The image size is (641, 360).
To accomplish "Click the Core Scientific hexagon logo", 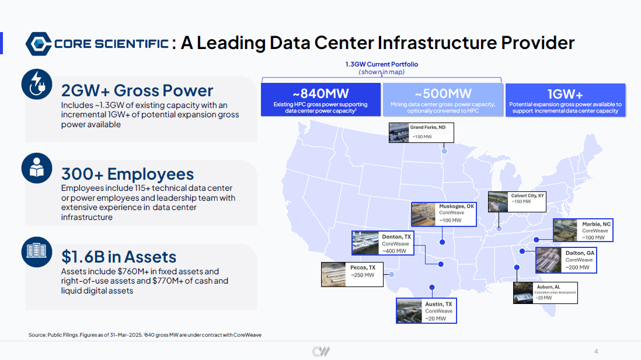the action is [x=39, y=44].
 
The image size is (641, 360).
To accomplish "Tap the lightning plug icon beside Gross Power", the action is [x=37, y=84].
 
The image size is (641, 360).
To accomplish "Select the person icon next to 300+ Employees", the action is [x=37, y=168].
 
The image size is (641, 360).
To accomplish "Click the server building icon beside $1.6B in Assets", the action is [x=37, y=251].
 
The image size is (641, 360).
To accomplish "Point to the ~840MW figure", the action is [x=321, y=93].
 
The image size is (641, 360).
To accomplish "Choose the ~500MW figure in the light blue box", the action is [x=443, y=93].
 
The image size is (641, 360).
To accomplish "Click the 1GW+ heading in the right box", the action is [x=565, y=95].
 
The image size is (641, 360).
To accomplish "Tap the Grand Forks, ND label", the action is [x=427, y=128].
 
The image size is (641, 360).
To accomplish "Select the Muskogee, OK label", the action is [x=457, y=207].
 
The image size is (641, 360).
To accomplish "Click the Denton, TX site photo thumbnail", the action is [x=365, y=243].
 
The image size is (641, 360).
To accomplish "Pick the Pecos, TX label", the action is [x=363, y=268].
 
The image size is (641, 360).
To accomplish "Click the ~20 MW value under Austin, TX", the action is [x=436, y=319].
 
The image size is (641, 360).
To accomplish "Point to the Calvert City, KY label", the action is [x=527, y=195].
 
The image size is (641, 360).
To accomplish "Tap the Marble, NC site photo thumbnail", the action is [x=566, y=230].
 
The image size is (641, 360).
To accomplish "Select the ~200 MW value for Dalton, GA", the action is [x=577, y=268].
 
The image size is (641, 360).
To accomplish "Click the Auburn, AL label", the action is [x=548, y=287].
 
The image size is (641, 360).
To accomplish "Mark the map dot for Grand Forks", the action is [x=444, y=151].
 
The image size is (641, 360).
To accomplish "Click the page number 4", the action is [x=596, y=351].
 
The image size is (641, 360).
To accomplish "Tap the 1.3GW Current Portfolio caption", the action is [x=381, y=64].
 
